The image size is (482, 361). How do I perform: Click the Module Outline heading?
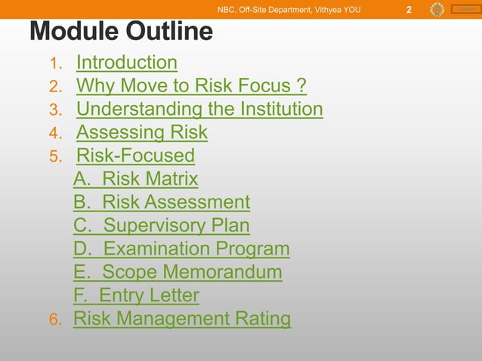coord(121,32)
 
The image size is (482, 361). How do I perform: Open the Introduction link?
coord(126,63)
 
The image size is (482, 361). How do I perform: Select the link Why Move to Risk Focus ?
coord(191,86)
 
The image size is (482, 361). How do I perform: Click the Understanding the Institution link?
coord(199,110)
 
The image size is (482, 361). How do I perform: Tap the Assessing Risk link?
coord(141,133)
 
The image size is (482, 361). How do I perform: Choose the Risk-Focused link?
coord(135,156)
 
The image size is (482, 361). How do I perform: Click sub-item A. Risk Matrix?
coord(135,180)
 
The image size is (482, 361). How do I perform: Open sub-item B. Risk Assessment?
coord(161,202)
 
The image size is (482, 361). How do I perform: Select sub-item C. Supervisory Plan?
coord(161,226)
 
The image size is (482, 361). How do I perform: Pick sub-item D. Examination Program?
coord(181,249)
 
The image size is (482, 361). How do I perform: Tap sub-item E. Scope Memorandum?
coord(178,272)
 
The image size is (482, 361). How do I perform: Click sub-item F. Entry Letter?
coord(136,295)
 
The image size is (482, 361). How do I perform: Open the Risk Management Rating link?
coord(181,319)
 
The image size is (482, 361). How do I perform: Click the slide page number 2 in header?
coord(408,10)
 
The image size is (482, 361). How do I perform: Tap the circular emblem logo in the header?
coord(437,9)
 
